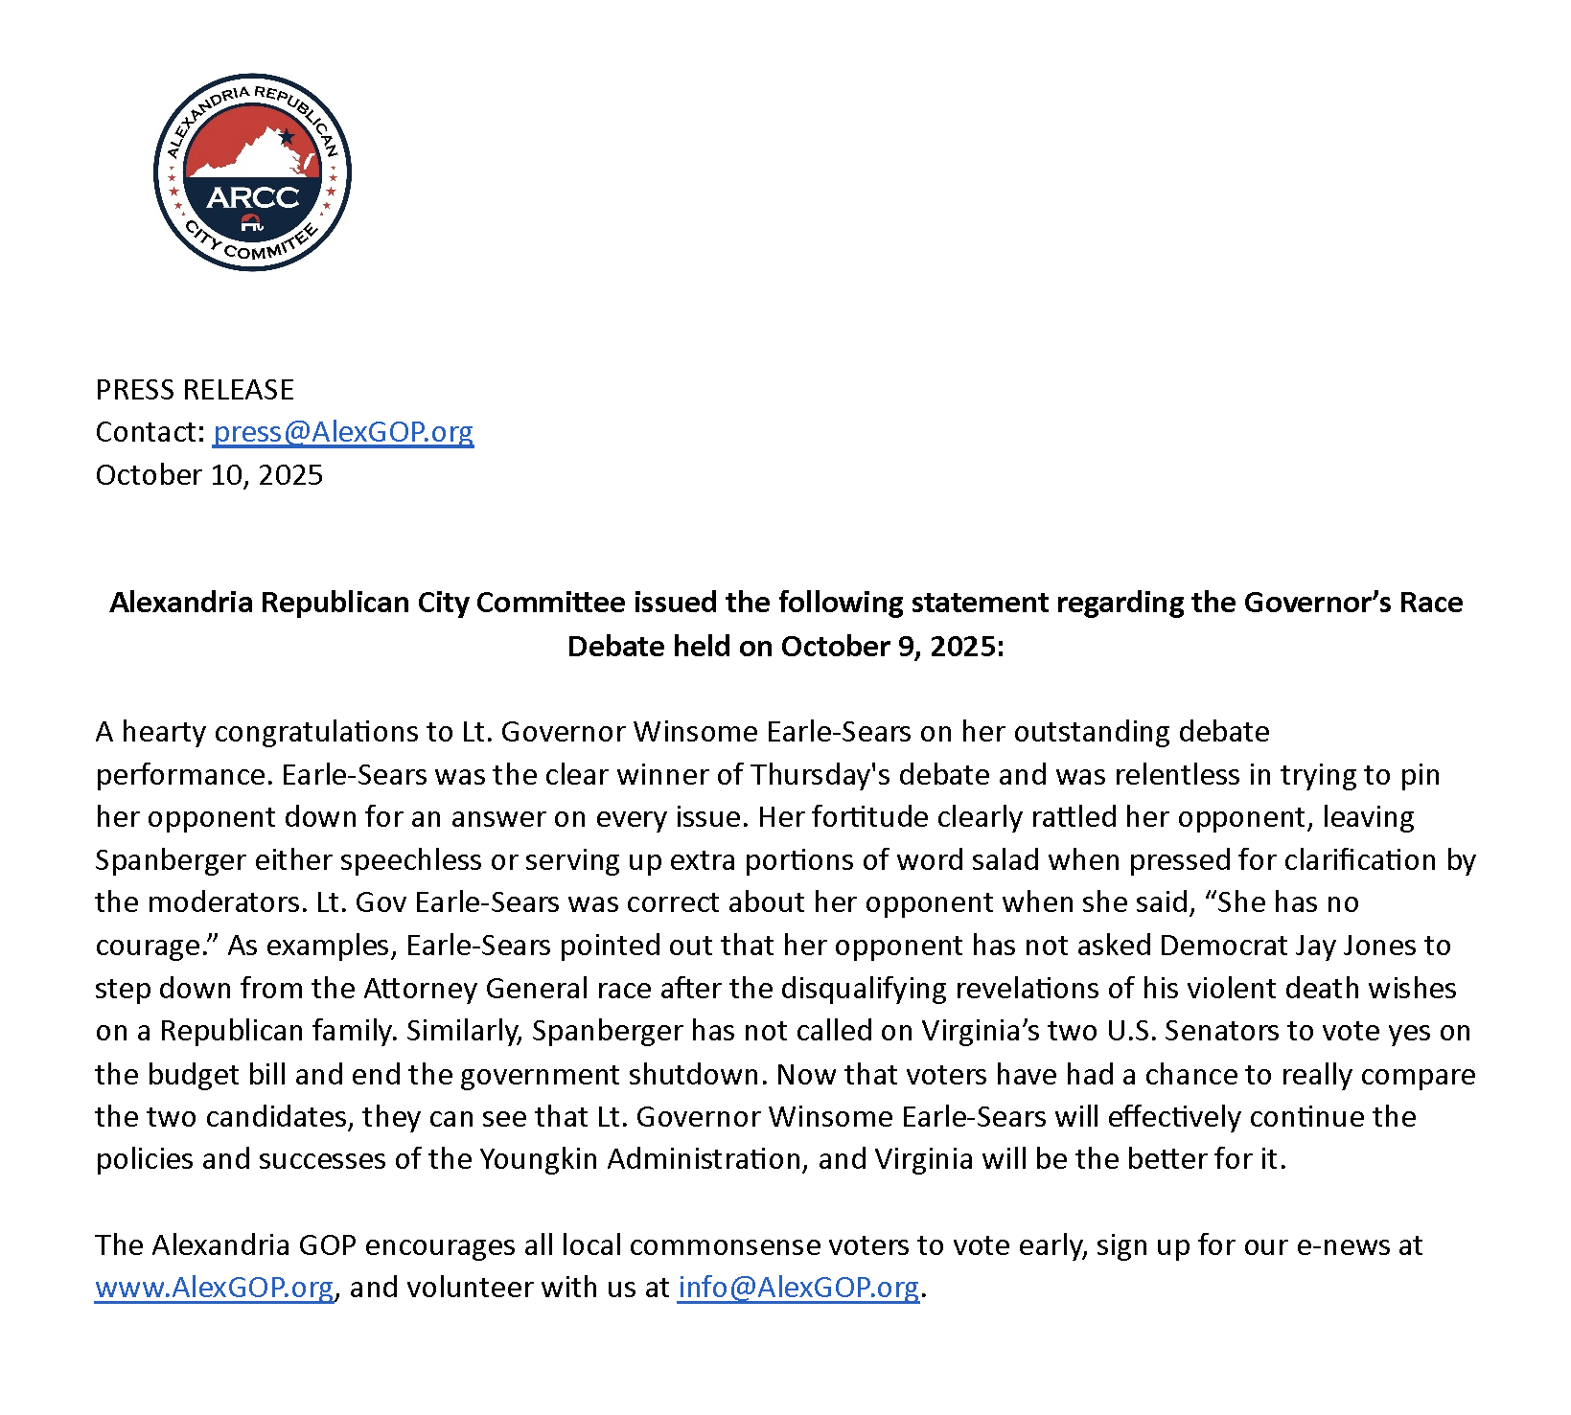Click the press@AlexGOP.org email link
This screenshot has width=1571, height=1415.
[x=343, y=432]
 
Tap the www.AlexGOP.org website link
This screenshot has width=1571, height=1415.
[x=215, y=1287]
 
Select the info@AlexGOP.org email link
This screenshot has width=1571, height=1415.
[x=798, y=1287]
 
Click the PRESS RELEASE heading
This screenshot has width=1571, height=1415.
[x=195, y=390]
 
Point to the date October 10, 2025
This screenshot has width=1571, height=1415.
[x=209, y=475]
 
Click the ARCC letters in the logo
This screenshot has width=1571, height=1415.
[x=253, y=197]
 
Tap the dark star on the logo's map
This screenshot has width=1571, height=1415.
[x=286, y=136]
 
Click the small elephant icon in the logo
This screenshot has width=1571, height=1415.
[x=251, y=223]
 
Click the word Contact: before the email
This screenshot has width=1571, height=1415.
[x=150, y=432]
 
